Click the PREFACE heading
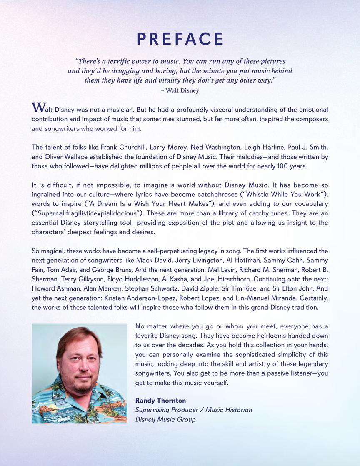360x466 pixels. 180,39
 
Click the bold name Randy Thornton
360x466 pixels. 160,401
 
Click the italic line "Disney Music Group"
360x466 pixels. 165,419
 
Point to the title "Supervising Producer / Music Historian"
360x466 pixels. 194,410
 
